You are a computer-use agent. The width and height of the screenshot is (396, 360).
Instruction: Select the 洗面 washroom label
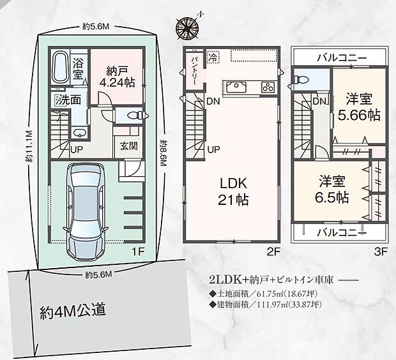pos(66,100)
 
